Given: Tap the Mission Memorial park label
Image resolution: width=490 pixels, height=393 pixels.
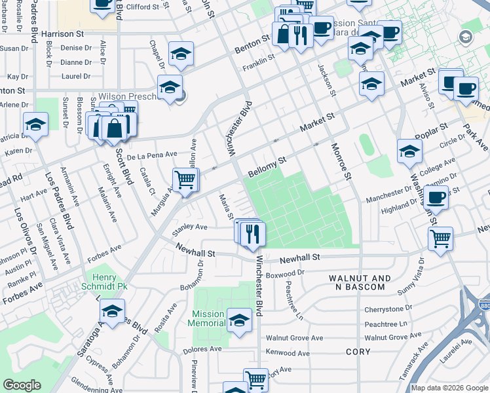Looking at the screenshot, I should pyautogui.click(x=206, y=318).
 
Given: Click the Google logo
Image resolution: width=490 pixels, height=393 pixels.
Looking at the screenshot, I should pyautogui.click(x=22, y=385).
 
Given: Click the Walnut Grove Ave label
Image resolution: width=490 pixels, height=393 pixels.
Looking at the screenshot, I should pyautogui.click(x=294, y=338).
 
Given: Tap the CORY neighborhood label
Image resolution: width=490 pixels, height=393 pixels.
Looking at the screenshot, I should pyautogui.click(x=358, y=352).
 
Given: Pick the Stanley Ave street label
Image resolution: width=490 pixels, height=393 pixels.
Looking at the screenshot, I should pyautogui.click(x=189, y=227).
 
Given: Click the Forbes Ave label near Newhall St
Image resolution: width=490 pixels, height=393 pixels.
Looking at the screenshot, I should pyautogui.click(x=107, y=249).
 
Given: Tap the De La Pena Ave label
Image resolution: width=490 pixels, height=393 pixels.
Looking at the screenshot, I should pyautogui.click(x=152, y=155).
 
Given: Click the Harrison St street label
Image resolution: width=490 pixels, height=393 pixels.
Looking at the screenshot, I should pyautogui.click(x=63, y=33).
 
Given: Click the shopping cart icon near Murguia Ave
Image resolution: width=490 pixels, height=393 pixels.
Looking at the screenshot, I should pyautogui.click(x=185, y=178).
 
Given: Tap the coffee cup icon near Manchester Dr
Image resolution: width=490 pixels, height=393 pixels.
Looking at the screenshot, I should pyautogui.click(x=436, y=196).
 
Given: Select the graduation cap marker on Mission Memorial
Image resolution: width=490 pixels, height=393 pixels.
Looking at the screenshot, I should pyautogui.click(x=239, y=320).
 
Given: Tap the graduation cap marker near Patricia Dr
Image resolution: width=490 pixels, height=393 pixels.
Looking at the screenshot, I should pyautogui.click(x=35, y=124).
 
